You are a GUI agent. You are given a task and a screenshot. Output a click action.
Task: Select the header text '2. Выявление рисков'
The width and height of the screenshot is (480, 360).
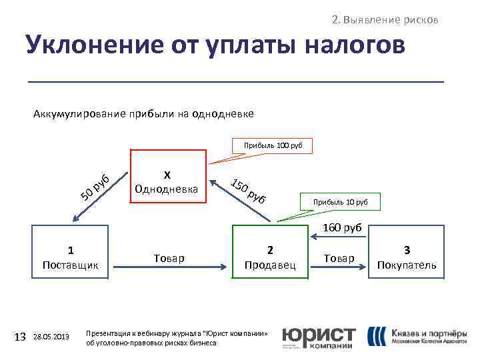(385, 19)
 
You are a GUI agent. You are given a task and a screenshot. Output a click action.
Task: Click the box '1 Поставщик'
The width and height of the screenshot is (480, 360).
(71, 257)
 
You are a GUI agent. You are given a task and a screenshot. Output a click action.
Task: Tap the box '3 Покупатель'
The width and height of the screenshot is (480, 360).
(407, 257)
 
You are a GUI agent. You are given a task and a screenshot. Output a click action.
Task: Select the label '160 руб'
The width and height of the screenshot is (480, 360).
(341, 227)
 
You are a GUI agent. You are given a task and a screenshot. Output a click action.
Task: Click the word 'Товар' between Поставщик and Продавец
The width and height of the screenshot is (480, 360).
(169, 258)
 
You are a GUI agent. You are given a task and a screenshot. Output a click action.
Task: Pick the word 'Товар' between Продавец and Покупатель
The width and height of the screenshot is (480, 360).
(339, 258)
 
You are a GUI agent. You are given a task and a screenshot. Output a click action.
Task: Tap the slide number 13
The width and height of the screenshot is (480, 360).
(20, 337)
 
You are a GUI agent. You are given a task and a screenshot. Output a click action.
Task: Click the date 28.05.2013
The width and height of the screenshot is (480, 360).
(50, 338)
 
